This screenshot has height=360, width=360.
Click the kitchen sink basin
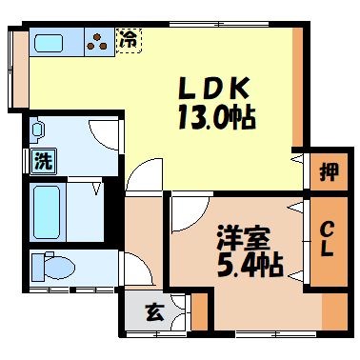pos(47,41)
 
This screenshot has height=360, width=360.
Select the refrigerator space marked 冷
pos(127,39)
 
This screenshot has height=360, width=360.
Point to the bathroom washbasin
pos(39,130)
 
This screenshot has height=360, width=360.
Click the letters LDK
pos(216,90)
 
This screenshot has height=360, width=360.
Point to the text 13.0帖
pos(216,121)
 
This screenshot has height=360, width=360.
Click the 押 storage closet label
pos(326,174)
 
